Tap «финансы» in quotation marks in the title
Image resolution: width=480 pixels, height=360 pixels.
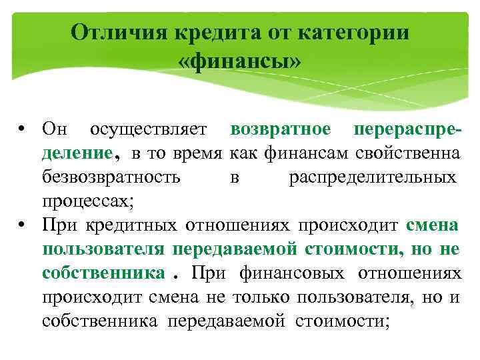coord(240,62)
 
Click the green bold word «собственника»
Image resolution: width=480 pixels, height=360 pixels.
coord(102,273)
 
